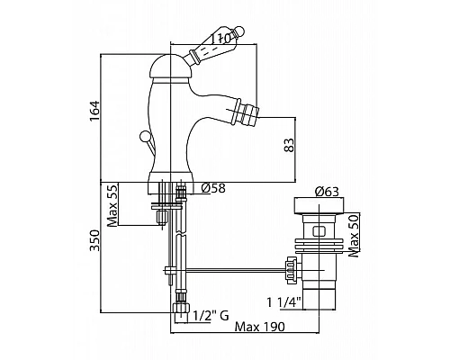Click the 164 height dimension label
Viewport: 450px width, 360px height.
click(x=94, y=111)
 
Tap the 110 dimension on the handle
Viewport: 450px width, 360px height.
click(x=220, y=38)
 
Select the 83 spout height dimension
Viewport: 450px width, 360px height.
click(x=289, y=145)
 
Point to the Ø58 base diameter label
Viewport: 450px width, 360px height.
click(x=213, y=188)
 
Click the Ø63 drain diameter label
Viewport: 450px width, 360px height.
click(x=327, y=192)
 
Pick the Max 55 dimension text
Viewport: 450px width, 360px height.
click(x=112, y=205)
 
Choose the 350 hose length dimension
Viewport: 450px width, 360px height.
click(x=94, y=240)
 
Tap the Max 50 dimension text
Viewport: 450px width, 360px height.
click(x=354, y=235)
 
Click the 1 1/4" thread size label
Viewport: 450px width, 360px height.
click(x=284, y=302)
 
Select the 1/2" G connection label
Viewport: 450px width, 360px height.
click(x=211, y=316)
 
